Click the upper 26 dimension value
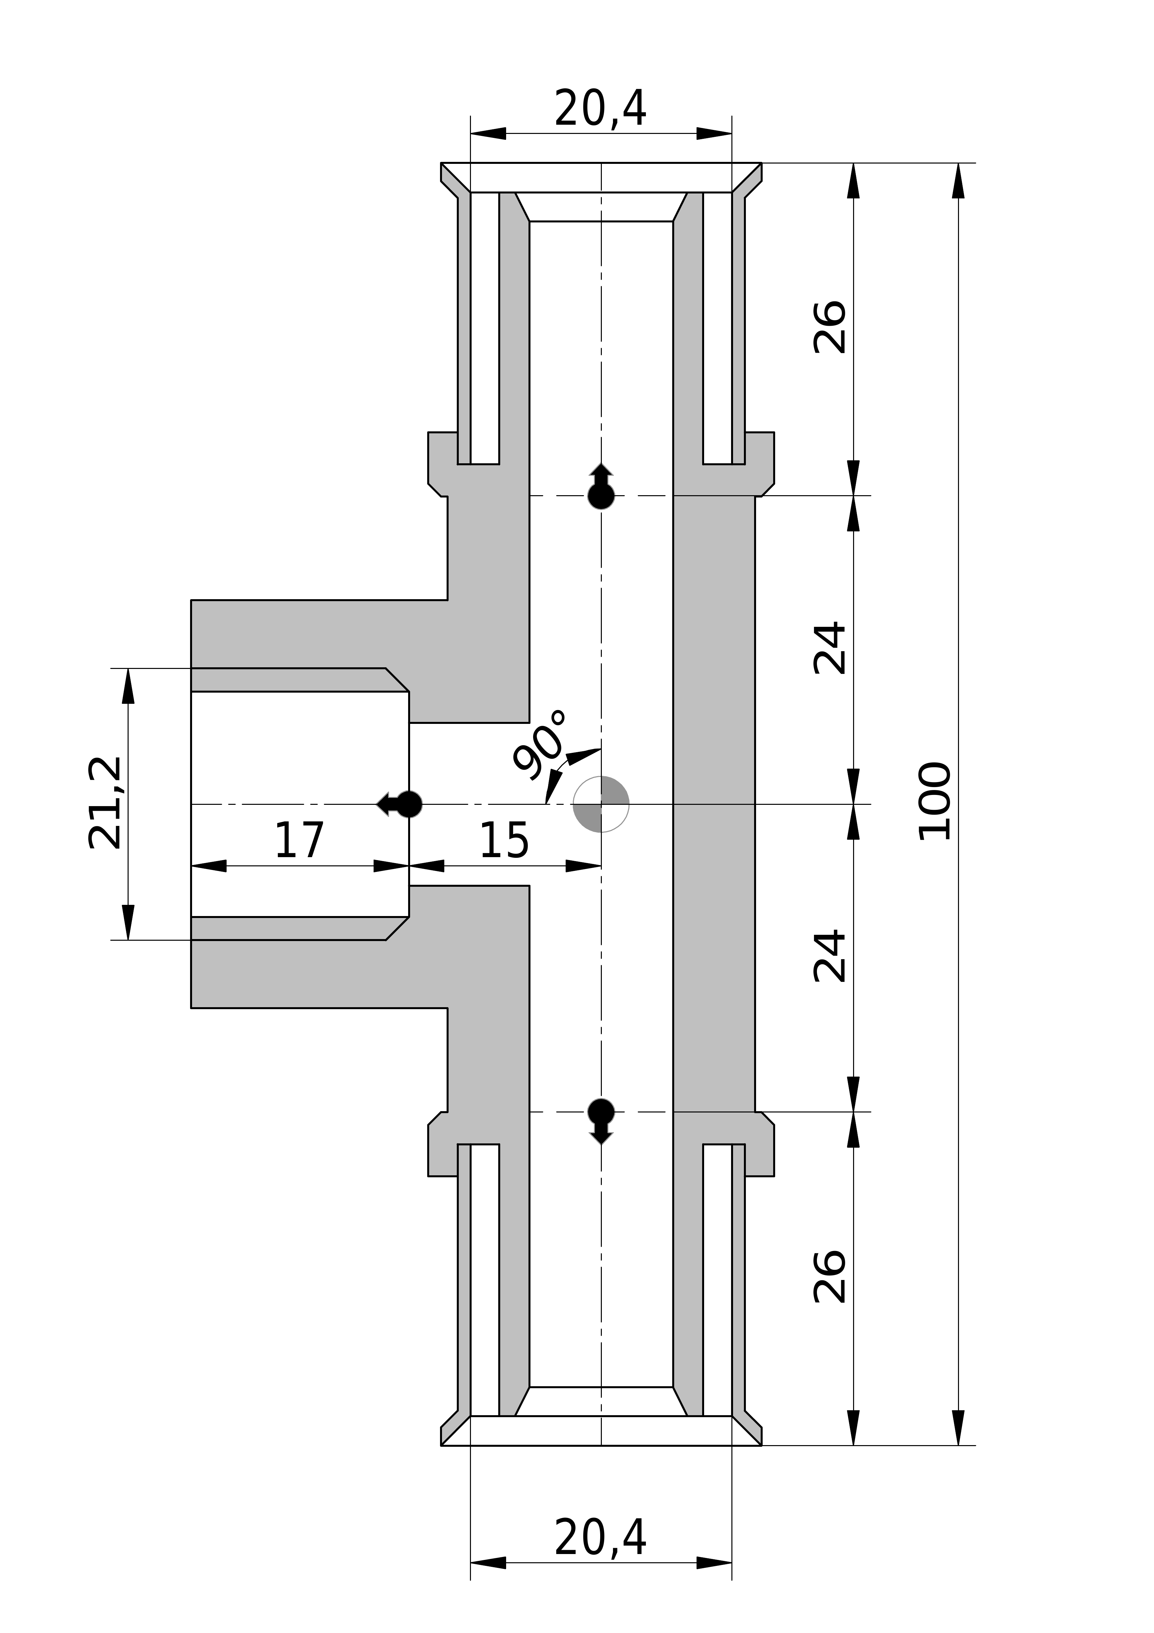830,327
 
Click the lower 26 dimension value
830,1277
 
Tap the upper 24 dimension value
830,648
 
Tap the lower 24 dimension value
830,956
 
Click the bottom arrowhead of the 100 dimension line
958,1427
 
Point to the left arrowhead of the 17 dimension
208,866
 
